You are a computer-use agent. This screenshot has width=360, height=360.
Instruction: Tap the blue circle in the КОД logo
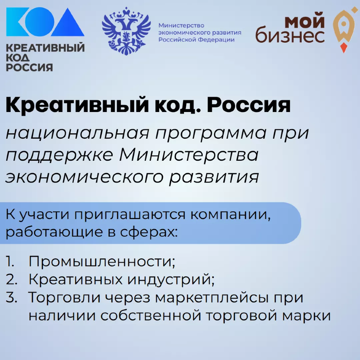(40, 22)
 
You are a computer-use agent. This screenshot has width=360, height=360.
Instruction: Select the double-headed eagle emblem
(126, 31)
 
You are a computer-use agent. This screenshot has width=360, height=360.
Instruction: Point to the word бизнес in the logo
(290, 35)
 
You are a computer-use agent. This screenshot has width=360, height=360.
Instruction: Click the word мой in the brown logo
(305, 21)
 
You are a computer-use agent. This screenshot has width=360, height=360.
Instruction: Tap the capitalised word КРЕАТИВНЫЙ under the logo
(45, 48)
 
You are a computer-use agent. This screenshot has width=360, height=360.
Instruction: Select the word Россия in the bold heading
(249, 106)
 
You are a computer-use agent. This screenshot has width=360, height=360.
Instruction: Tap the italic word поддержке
(59, 155)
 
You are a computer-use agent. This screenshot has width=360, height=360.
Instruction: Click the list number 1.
(10, 261)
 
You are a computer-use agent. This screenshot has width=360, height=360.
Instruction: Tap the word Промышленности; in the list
(102, 262)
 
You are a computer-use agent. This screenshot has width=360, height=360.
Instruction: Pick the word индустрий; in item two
(171, 280)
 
